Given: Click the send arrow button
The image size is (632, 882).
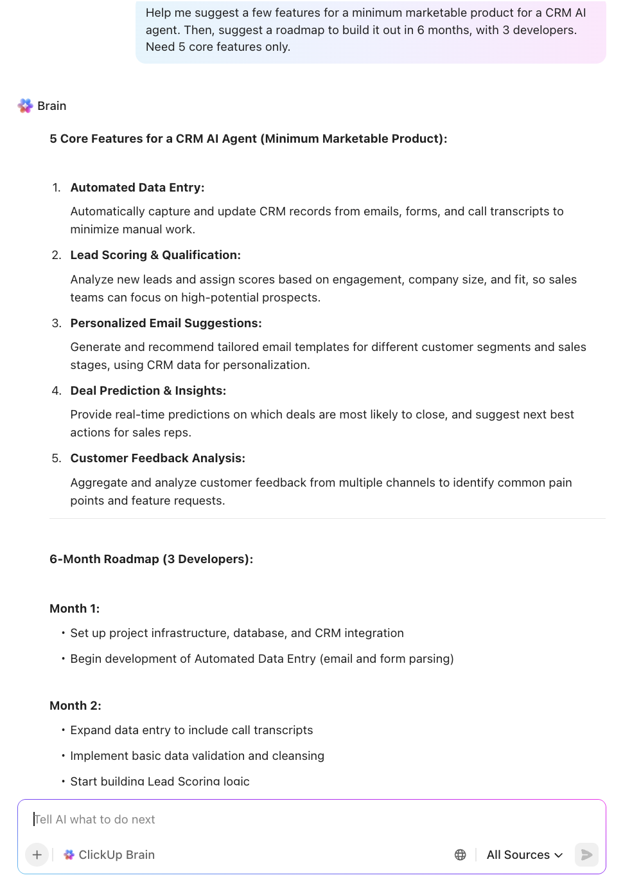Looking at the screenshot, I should pos(586,854).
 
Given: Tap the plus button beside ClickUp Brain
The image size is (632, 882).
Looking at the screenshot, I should pos(37,854).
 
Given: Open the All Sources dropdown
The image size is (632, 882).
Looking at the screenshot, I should pos(524,854).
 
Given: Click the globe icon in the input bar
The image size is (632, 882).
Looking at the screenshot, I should pos(460,854).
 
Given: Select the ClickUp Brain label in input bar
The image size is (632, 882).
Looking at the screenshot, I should pos(110,854).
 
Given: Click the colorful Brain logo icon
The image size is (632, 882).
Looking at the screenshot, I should pos(25,106).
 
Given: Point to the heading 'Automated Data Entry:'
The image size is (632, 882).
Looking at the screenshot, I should pos(137,188).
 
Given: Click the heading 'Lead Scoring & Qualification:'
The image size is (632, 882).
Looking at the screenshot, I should pos(155,255).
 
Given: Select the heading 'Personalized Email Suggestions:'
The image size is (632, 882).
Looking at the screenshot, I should pos(166,323).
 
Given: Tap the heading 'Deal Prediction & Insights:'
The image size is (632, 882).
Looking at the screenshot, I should pos(148,390).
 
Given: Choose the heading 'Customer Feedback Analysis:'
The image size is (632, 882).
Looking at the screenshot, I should pos(157,458).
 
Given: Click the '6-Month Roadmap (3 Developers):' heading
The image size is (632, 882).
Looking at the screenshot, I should pos(151,559).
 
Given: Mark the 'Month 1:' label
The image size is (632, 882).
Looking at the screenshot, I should pos(75,608).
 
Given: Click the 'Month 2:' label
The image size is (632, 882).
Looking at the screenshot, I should pos(75,705).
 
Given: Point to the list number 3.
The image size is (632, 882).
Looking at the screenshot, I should pos(57,323).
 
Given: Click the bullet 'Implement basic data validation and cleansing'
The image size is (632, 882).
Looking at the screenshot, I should pos(197,755).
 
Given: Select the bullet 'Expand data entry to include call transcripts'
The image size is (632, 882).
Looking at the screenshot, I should pos(191,730).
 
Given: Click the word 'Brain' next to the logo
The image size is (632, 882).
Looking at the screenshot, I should pos(51,106).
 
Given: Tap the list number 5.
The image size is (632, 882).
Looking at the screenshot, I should pos(57,458).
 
